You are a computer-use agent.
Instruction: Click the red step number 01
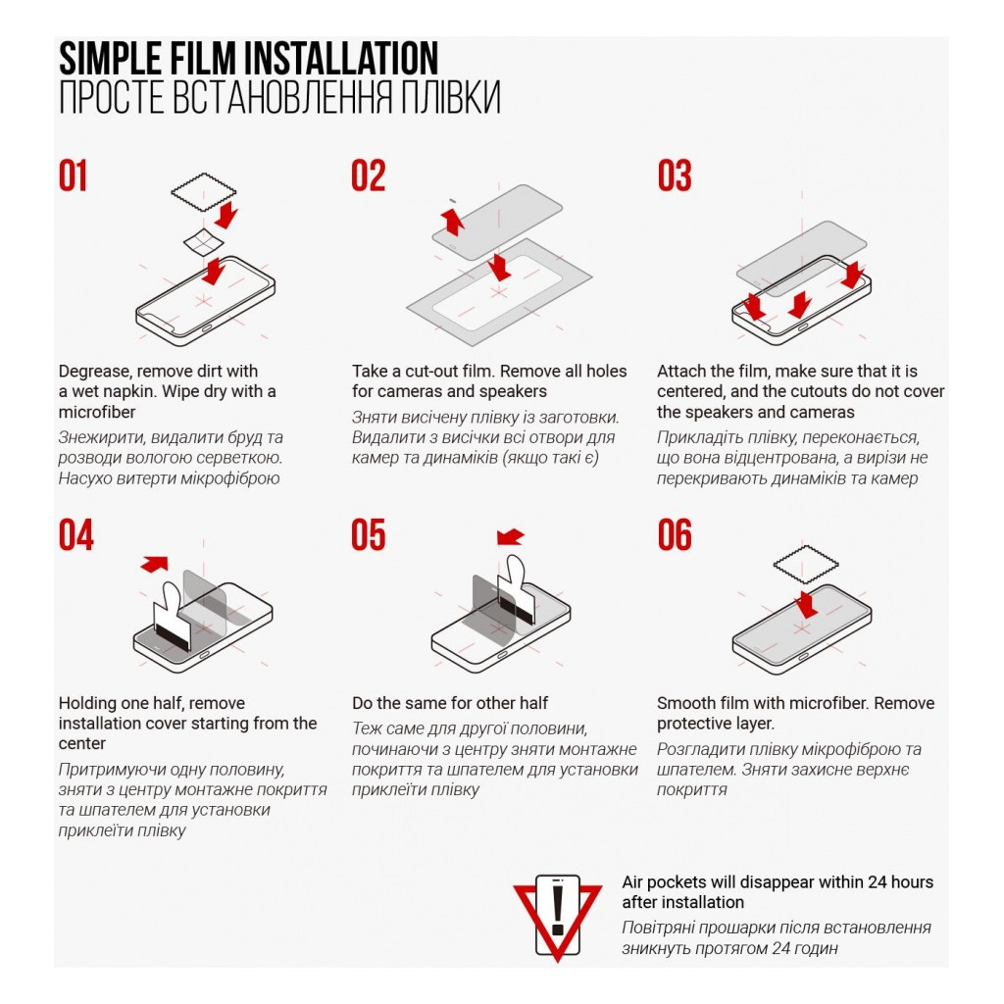coord(73,176)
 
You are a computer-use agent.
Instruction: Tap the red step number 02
coord(369,176)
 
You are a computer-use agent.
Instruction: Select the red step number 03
coord(675,176)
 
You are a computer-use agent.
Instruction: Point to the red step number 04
coord(76,535)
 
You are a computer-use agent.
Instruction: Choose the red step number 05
coord(369,535)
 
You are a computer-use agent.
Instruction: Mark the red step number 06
coord(675,535)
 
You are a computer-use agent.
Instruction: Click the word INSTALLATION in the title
coord(342,59)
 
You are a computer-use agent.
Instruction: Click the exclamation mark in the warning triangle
coord(557,909)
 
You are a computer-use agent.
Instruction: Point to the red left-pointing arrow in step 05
coord(510,536)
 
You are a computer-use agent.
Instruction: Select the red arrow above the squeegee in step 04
coord(154,564)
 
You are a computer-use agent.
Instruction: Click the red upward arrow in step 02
coord(453,221)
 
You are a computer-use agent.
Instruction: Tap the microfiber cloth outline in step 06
coord(806,565)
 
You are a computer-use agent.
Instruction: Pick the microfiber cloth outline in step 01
coord(204,191)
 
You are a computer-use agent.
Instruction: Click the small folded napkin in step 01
coord(204,242)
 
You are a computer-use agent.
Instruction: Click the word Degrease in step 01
coord(95,372)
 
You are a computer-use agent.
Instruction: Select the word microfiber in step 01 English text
coord(97,412)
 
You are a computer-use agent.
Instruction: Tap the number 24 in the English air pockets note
coord(877,882)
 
